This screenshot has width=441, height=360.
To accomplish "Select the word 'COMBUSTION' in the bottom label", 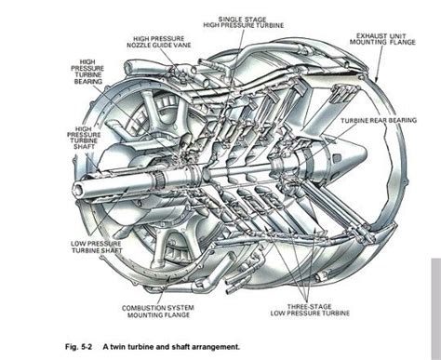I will pos(147,307).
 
